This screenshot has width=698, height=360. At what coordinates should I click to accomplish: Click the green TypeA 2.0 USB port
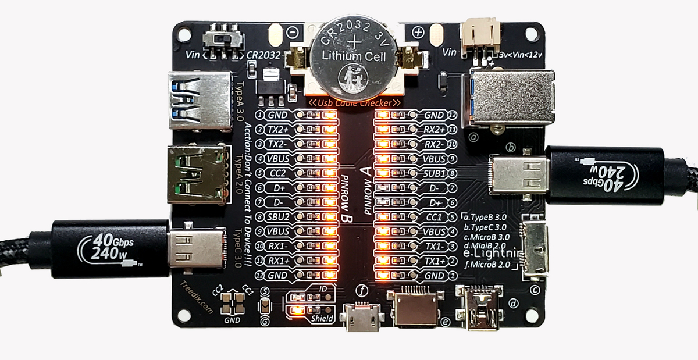(197, 173)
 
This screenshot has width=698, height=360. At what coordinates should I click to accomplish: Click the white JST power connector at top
(480, 36)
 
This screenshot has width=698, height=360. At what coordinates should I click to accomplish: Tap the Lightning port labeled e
(418, 308)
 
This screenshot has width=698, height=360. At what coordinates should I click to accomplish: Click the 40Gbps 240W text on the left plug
(108, 247)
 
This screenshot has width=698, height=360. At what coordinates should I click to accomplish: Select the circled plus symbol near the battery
(416, 33)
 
